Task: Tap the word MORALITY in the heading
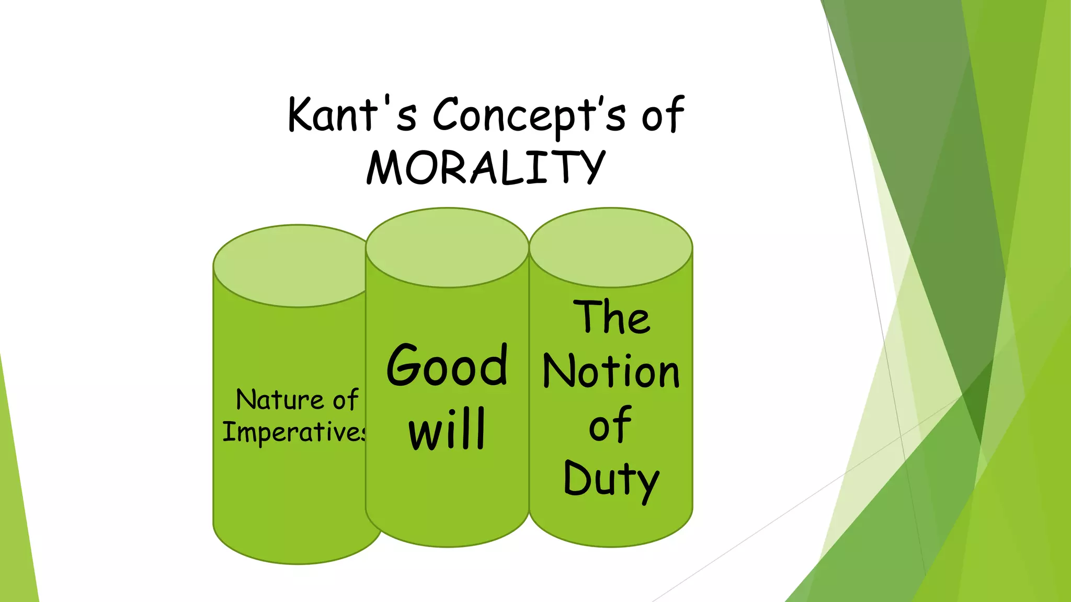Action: (486, 167)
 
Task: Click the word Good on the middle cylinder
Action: (447, 366)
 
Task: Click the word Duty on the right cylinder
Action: (611, 479)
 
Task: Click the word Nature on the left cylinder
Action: (280, 400)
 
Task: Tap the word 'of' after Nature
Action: (345, 400)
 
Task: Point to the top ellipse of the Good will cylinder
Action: (447, 247)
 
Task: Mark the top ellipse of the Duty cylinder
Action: (611, 247)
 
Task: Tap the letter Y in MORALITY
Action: (590, 167)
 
